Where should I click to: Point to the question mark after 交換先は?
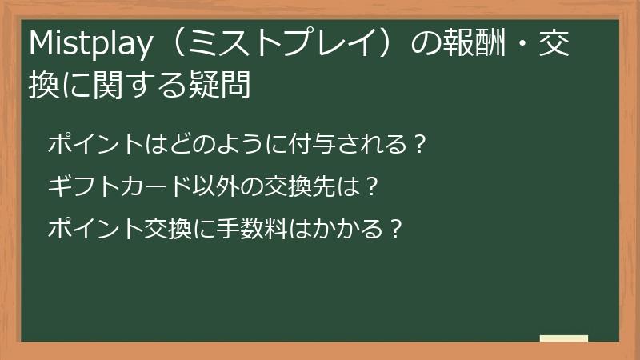(x=370, y=188)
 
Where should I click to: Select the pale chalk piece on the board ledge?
(x=564, y=338)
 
